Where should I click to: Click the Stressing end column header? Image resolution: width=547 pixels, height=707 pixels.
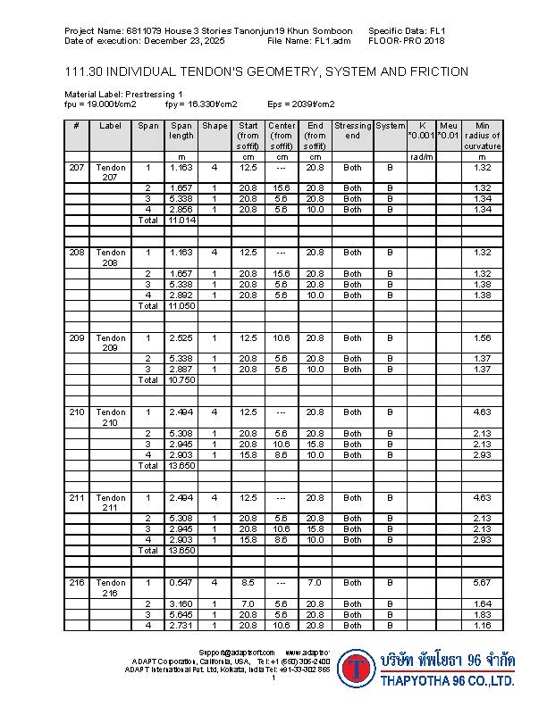click(353, 130)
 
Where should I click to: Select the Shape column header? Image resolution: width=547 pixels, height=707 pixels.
click(215, 126)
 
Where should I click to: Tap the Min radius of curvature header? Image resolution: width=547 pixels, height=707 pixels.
click(483, 136)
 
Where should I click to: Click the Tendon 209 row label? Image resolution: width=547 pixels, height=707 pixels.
click(111, 343)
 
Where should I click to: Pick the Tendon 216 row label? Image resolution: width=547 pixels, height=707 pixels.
click(111, 586)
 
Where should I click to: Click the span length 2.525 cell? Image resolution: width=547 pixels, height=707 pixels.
click(181, 338)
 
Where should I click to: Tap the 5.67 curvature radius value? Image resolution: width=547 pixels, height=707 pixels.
click(483, 582)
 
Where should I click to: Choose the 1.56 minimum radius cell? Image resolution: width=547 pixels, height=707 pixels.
click(483, 338)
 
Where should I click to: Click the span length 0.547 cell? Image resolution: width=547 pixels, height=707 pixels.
click(181, 582)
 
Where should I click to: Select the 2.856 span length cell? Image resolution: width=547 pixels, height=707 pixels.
click(181, 209)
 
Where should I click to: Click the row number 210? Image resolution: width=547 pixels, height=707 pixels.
click(76, 412)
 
